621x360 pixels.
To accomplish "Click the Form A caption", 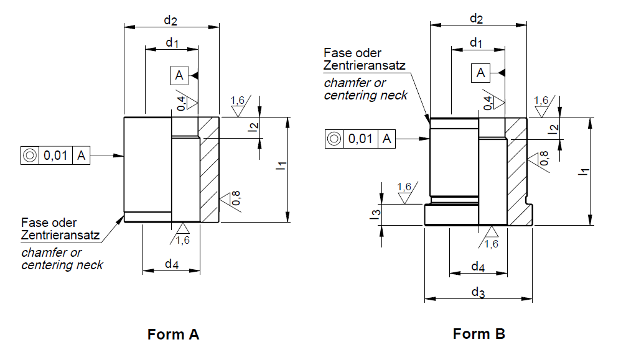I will pyautogui.click(x=173, y=335).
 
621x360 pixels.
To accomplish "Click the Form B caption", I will pyautogui.click(x=479, y=334).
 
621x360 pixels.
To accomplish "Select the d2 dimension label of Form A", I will pyautogui.click(x=170, y=20).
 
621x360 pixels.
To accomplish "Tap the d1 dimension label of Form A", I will pyautogui.click(x=172, y=43).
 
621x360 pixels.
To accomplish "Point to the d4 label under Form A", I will pyautogui.click(x=171, y=264).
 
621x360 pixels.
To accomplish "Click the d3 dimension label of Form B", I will pyautogui.click(x=477, y=292).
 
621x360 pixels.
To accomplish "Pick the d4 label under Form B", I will pyautogui.click(x=477, y=267).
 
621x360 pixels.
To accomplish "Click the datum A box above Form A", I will pyautogui.click(x=179, y=76).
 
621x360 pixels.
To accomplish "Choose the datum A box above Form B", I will pyautogui.click(x=480, y=73).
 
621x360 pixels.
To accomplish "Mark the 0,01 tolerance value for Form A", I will pyautogui.click(x=56, y=155).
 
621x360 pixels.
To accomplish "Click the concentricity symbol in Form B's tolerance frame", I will pyautogui.click(x=334, y=139).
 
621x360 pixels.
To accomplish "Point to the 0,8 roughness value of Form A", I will pyautogui.click(x=236, y=199).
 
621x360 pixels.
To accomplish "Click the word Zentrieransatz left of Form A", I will pyautogui.click(x=60, y=235).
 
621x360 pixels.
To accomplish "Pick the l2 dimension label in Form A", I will pyautogui.click(x=252, y=128).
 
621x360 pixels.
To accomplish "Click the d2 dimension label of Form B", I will pyautogui.click(x=476, y=19).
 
